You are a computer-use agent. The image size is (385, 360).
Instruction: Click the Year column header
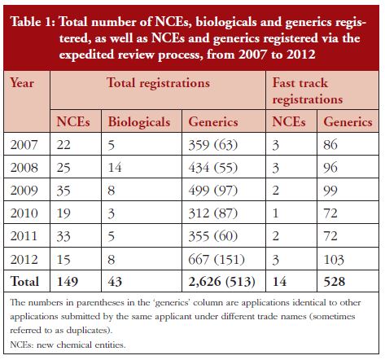pos(22,82)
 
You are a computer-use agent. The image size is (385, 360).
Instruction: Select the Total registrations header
pos(158,83)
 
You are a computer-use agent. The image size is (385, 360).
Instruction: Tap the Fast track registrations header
pos(308,91)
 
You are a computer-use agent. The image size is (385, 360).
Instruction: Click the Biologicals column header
pos(139,121)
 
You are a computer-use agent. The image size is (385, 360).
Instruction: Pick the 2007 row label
pos(24,144)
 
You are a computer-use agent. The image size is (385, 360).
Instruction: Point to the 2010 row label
pos(24,213)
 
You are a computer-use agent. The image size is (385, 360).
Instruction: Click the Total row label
pos(24,281)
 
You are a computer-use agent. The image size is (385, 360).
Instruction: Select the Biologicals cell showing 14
pos(115,167)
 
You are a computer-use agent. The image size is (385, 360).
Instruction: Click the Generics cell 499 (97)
pos(213,190)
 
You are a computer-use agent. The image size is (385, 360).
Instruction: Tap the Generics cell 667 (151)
pos(217,259)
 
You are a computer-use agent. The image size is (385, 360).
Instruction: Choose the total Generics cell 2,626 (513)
pos(222,281)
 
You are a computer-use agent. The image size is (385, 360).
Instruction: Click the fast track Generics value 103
pos(334,259)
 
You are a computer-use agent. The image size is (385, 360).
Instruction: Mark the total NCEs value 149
pos(68,281)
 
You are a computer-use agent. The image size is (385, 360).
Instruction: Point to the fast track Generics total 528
pos(335,281)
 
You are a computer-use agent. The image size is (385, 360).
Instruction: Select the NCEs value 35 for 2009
pos(63,190)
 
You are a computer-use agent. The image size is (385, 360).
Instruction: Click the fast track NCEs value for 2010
pos(275,213)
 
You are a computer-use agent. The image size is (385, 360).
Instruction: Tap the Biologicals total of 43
pos(115,281)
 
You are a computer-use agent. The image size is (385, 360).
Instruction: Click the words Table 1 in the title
pos(33,22)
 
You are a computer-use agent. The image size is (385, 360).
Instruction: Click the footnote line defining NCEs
pos(68,345)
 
